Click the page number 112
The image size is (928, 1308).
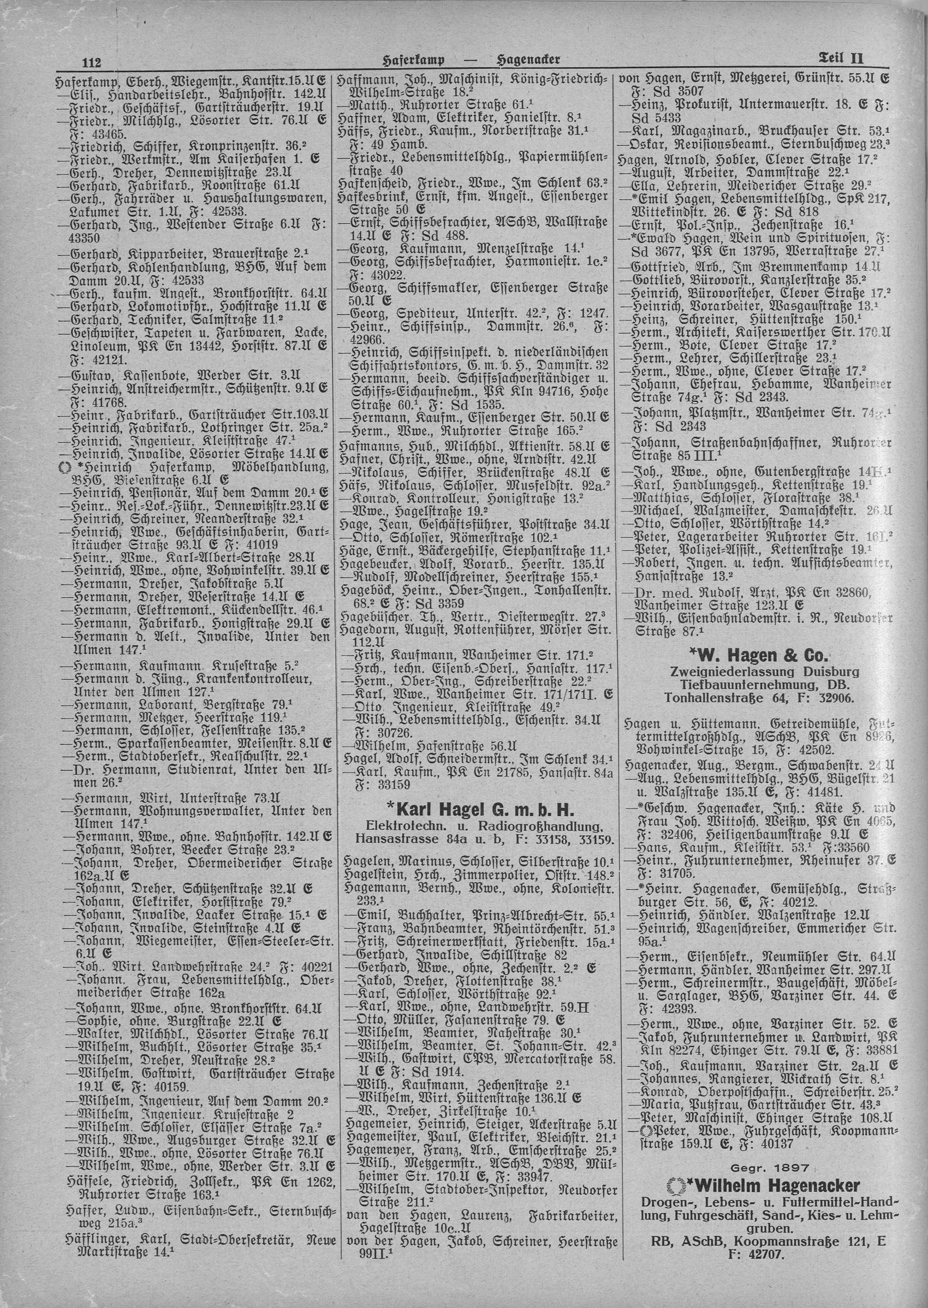pos(91,62)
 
